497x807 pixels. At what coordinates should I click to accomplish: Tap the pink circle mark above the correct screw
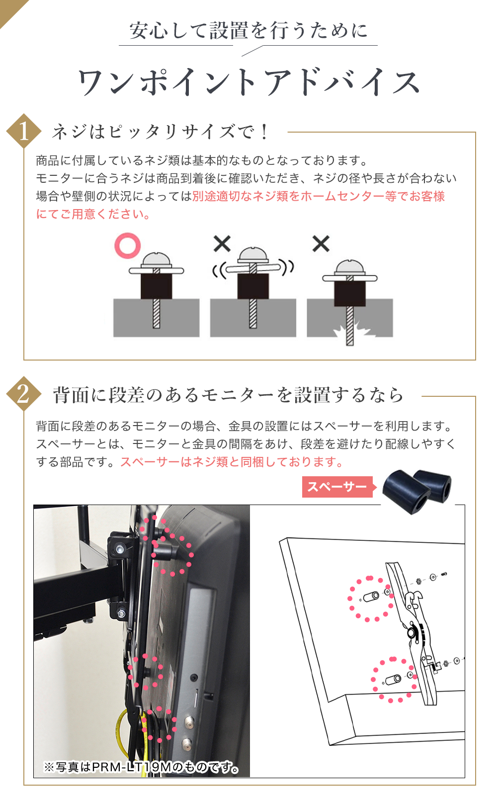[x=128, y=245]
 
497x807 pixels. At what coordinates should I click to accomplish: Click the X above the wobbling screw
[x=222, y=244]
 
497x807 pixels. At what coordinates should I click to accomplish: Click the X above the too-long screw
[x=321, y=244]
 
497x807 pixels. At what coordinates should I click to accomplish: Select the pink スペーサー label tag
[x=337, y=487]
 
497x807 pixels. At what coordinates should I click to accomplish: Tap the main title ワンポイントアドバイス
[x=248, y=82]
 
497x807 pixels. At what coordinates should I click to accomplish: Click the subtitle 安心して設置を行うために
[x=248, y=31]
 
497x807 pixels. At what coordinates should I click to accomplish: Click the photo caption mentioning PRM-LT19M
[x=141, y=767]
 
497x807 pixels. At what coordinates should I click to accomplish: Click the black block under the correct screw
[x=156, y=286]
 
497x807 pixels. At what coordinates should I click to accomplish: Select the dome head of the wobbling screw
[x=253, y=255]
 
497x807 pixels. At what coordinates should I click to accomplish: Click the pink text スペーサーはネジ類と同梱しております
[x=231, y=462]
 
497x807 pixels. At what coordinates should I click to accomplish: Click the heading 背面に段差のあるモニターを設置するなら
[x=229, y=395]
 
